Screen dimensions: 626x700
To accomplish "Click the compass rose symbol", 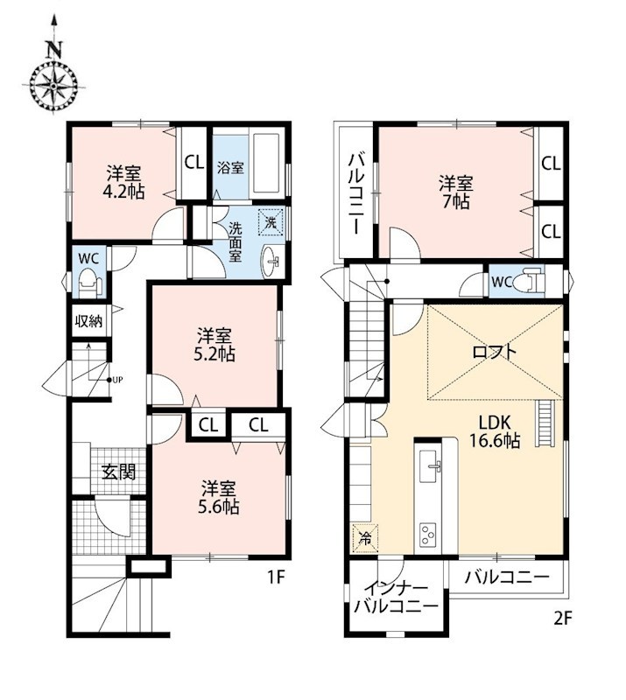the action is click(x=53, y=85).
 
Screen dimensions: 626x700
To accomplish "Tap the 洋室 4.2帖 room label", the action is click(x=123, y=182).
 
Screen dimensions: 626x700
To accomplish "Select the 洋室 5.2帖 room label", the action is click(x=215, y=344).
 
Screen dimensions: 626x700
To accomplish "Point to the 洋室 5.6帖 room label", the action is click(x=219, y=497).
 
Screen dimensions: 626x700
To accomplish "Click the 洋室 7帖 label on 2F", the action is click(x=455, y=192).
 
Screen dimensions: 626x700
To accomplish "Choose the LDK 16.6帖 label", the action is click(x=495, y=431).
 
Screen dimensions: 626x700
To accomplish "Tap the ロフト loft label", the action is click(x=494, y=352).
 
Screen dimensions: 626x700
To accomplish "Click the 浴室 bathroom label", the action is click(x=230, y=168).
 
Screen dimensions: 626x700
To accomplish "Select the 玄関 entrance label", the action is click(x=118, y=472).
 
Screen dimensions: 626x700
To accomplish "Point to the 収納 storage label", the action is click(x=89, y=320).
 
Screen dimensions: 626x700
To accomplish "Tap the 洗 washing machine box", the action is click(x=271, y=221).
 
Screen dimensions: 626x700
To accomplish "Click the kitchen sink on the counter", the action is click(x=430, y=466).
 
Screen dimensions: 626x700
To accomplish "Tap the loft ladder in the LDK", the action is click(x=545, y=423).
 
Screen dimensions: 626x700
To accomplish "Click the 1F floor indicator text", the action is click(x=276, y=577).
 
